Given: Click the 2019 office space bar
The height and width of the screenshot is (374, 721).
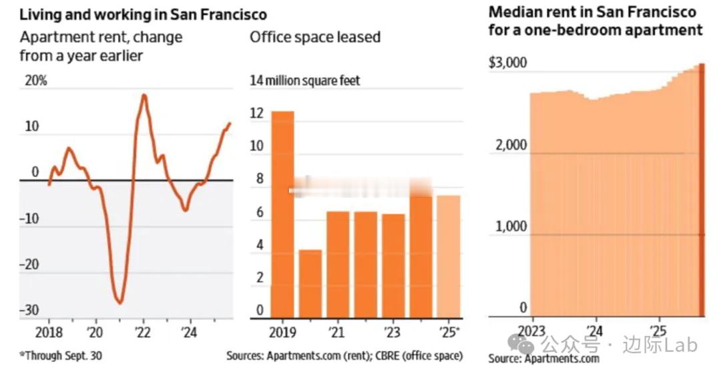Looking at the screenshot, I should (x=282, y=214).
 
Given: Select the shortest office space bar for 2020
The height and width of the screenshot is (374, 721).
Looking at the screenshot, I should (x=310, y=283).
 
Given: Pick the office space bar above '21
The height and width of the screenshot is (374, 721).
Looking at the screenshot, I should (x=338, y=264).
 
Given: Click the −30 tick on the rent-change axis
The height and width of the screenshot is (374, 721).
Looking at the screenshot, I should (x=28, y=311).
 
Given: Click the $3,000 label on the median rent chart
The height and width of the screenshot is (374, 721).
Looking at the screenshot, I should (x=509, y=63).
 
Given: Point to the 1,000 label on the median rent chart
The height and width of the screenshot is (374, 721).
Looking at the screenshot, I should (x=511, y=226).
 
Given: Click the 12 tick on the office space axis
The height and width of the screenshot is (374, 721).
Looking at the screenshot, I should (x=256, y=114).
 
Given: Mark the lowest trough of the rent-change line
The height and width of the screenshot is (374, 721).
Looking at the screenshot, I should (x=120, y=303).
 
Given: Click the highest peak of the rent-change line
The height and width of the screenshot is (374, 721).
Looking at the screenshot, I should (x=144, y=96).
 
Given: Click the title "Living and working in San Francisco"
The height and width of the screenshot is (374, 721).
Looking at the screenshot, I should (x=143, y=13).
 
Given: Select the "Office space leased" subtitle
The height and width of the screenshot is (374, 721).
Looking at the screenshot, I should (x=315, y=36).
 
